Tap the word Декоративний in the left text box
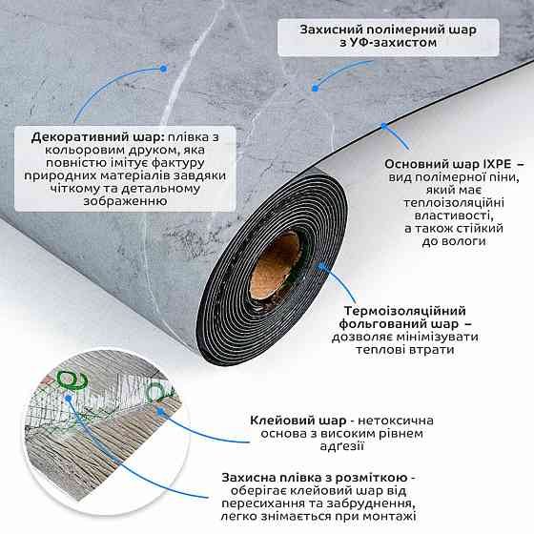(80, 137)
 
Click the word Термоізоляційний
(404, 311)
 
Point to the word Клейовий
(281, 421)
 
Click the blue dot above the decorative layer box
(163, 69)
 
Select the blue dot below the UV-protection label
(316, 89)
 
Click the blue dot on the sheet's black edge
(383, 126)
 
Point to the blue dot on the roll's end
(320, 267)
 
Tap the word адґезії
(342, 446)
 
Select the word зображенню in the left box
(125, 201)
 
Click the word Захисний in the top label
(328, 30)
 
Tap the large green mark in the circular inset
(72, 380)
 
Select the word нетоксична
(396, 421)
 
